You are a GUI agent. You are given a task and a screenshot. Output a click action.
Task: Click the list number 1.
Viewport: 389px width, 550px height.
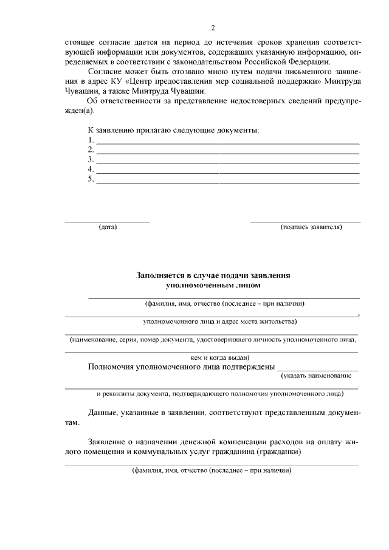coord(91,140)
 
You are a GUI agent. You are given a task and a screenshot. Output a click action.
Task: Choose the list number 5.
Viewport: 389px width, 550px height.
coord(91,179)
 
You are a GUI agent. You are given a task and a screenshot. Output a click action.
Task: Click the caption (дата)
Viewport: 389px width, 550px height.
coord(108,227)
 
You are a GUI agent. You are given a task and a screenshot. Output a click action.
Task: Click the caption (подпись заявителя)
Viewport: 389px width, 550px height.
coord(311,227)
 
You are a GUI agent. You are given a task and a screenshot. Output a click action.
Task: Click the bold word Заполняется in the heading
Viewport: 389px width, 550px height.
coord(162,275)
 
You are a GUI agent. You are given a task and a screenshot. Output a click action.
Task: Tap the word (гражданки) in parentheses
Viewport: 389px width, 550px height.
coord(280,452)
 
